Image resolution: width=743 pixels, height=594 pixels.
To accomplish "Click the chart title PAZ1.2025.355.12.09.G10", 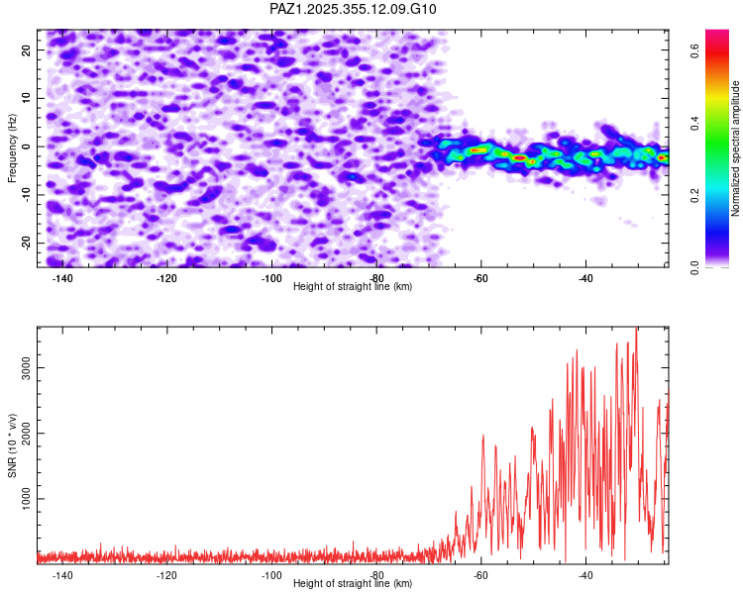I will pos(353,9).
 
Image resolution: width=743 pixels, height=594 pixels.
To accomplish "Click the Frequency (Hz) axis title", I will pos(13,147).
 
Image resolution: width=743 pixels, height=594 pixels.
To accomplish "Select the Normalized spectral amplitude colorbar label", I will pos(736,148).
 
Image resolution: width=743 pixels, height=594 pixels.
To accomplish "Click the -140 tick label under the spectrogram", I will pos(62,278).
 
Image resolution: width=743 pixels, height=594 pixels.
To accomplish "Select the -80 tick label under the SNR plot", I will pos(376,575).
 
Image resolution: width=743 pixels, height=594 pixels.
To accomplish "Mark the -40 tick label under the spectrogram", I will pos(584,278).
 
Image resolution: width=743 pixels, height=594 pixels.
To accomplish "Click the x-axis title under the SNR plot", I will pos(353,584).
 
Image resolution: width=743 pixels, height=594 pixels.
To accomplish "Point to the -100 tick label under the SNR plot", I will pos(270,575).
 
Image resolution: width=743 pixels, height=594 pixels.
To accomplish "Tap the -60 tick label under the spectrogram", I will pos(480,278).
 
